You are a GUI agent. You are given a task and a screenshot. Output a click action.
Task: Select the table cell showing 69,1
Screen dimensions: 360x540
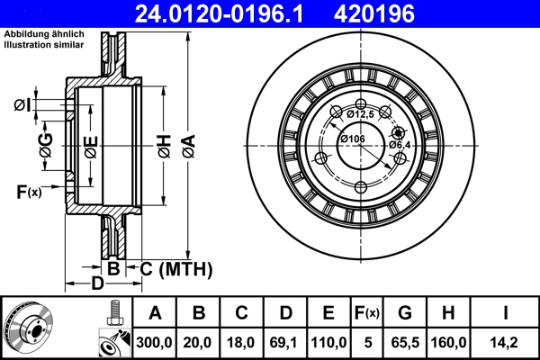[284, 342]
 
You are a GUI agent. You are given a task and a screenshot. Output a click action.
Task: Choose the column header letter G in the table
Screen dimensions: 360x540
[405, 313]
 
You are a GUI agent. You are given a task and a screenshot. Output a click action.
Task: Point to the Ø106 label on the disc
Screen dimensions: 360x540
[352, 139]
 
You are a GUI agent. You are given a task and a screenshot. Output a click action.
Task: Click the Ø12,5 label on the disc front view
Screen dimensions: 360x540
[358, 113]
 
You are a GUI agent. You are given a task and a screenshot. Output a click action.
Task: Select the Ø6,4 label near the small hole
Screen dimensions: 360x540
[400, 145]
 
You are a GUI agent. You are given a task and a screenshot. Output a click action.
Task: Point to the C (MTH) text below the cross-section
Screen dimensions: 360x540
[175, 268]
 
